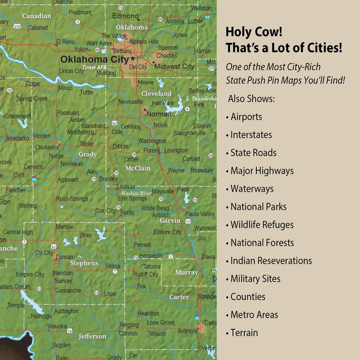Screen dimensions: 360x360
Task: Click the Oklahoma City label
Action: [95, 60]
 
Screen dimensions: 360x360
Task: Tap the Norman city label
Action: [158, 114]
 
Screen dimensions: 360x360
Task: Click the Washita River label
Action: [136, 193]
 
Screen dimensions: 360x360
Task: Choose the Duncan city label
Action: [64, 257]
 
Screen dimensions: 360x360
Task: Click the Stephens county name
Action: [84, 263]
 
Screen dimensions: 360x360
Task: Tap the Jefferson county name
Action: [92, 336]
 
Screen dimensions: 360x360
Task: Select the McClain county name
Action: [138, 168]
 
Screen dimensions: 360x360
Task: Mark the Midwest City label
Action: [174, 66]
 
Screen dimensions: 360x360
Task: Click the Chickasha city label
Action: [47, 147]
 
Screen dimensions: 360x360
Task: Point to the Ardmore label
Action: [187, 331]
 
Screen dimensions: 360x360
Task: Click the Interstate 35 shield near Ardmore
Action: [197, 318]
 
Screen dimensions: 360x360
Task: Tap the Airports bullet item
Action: [246, 117]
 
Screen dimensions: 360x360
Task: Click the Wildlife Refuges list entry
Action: [262, 225]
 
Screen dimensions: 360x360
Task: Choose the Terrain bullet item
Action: [244, 333]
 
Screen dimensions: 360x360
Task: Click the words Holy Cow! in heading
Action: [254, 32]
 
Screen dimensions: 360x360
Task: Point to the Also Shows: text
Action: [251, 98]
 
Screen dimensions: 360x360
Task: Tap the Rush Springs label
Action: [72, 198]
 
